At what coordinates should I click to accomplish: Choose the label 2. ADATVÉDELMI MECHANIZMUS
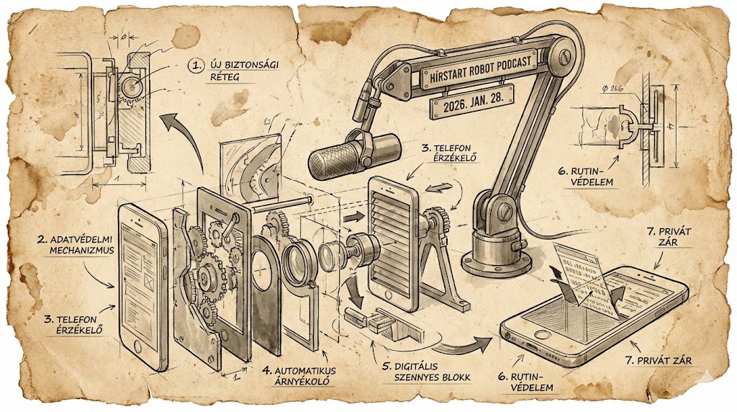point(63,244)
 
